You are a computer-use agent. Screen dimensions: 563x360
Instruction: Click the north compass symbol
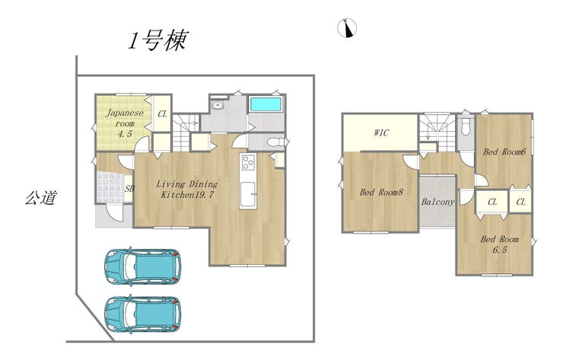point(347,27)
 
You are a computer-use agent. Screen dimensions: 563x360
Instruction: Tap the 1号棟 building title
point(158,40)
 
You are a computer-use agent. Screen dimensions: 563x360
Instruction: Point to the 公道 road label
point(41,197)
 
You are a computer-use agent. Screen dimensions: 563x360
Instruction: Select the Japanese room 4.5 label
point(125,123)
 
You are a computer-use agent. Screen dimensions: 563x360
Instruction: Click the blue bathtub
point(266,104)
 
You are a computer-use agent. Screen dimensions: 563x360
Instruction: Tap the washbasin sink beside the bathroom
point(218,104)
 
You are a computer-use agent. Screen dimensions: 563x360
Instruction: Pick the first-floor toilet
point(277,142)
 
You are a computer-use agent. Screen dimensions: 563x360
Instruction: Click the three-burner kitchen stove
point(248,162)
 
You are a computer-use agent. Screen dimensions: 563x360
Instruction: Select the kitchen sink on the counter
point(248,194)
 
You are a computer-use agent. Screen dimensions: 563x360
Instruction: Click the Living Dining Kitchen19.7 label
point(187,190)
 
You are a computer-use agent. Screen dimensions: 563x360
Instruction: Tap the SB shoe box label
point(129,188)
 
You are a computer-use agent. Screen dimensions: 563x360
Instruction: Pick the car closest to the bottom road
point(142,314)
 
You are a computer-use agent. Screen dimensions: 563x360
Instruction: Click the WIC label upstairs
point(381,132)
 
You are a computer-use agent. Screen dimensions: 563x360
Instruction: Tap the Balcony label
point(437,202)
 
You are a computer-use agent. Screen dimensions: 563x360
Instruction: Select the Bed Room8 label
point(381,193)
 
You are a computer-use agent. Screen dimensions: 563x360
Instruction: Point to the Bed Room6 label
point(504,151)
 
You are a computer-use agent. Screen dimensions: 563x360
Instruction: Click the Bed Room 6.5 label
point(499,244)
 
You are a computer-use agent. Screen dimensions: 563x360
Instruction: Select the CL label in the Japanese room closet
point(162,114)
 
